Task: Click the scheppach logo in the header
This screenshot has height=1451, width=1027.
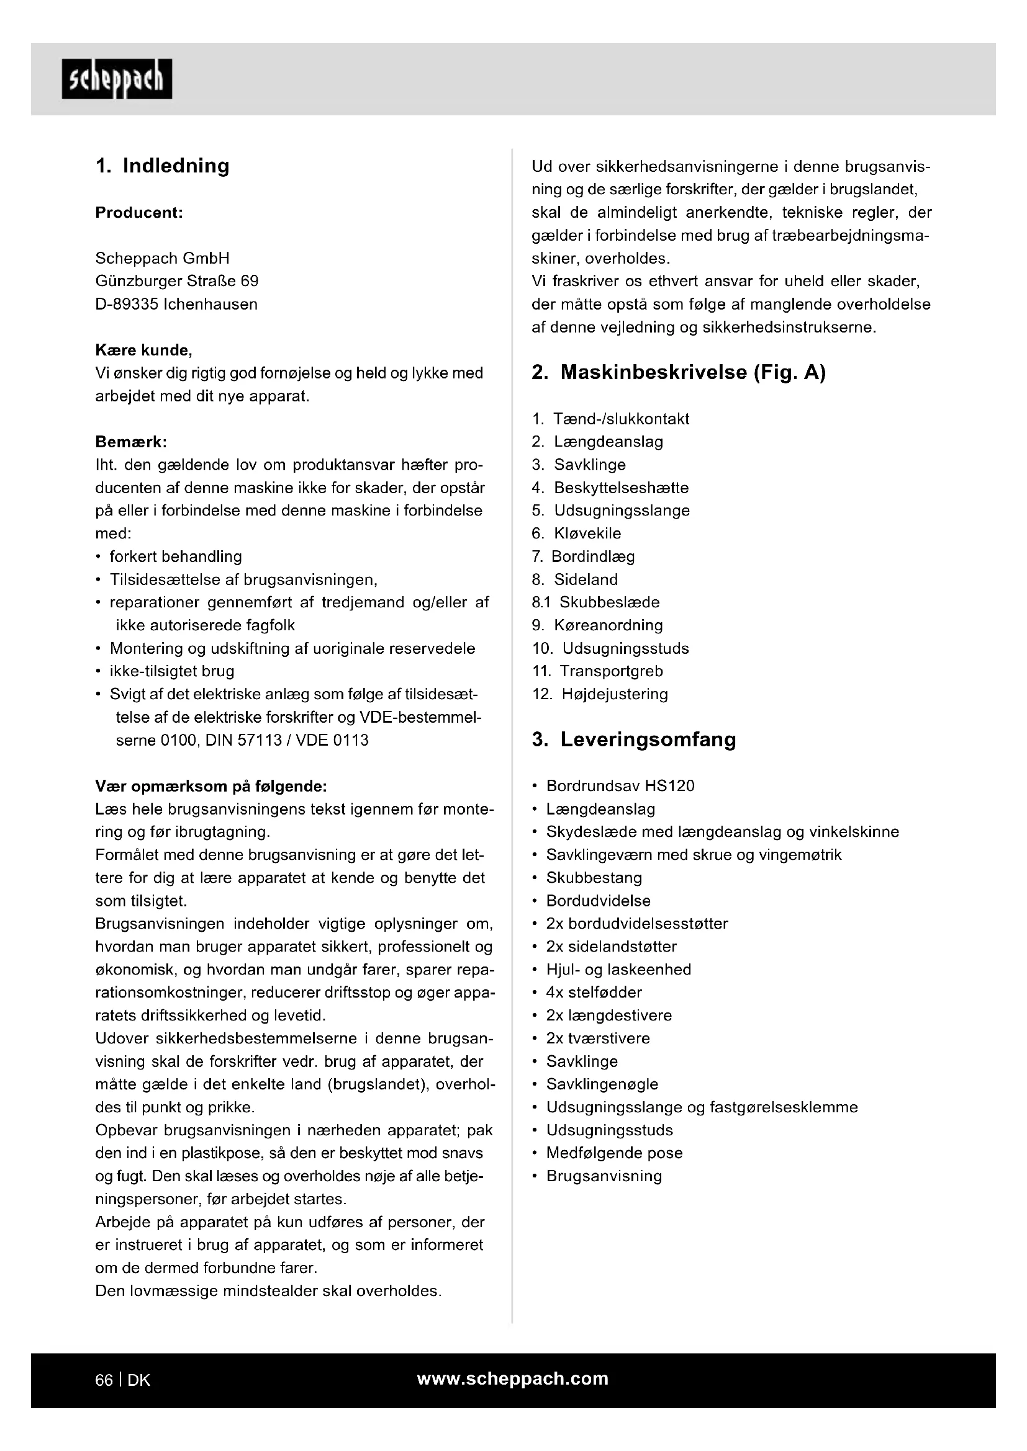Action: (x=116, y=79)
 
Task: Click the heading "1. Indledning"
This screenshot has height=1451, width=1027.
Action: (x=162, y=166)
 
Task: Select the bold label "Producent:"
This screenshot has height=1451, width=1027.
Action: (x=138, y=212)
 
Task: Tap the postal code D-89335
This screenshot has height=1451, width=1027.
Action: (x=127, y=304)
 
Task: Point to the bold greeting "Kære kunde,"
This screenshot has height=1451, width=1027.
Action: (x=143, y=350)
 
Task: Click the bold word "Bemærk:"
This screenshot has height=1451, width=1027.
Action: (x=130, y=442)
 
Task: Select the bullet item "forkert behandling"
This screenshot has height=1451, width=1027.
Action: (x=175, y=556)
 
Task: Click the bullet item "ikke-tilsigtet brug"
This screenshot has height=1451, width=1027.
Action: (x=171, y=671)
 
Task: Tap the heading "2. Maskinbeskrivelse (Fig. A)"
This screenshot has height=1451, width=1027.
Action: (x=679, y=372)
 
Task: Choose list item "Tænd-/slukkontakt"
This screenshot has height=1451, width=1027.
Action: (x=620, y=419)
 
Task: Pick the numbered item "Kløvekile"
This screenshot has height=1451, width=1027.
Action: (x=587, y=534)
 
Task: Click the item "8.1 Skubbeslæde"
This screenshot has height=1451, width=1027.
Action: (x=595, y=602)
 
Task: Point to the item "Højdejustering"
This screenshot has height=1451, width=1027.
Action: (x=614, y=694)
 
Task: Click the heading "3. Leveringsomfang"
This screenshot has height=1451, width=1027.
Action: (x=634, y=739)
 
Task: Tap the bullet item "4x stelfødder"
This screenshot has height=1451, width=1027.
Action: (x=594, y=992)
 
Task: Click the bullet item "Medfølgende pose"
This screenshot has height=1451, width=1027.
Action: (x=614, y=1153)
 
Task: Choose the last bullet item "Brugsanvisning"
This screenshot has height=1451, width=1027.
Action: (x=604, y=1176)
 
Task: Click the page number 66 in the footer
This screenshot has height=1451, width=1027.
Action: (x=104, y=1380)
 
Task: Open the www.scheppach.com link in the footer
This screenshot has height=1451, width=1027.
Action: (x=512, y=1379)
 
